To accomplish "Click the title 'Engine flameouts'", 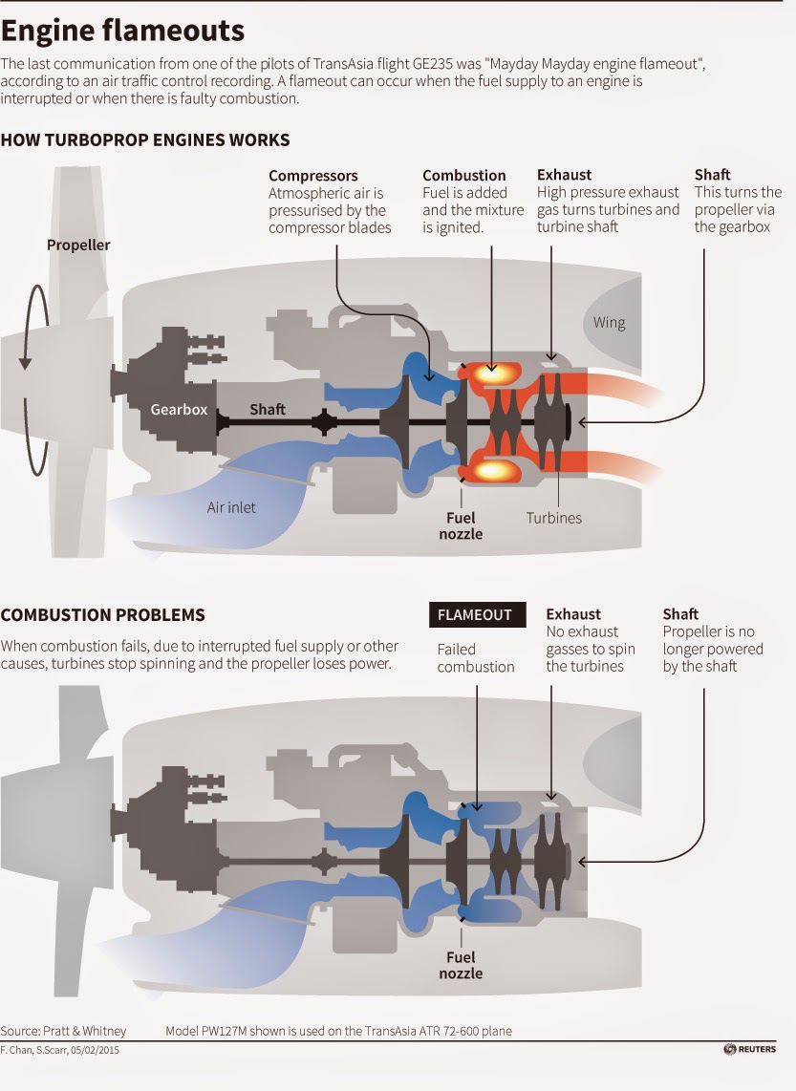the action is pyautogui.click(x=122, y=31).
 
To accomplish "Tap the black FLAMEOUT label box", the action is pyautogui.click(x=478, y=615).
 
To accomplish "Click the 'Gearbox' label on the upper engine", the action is pyautogui.click(x=179, y=410).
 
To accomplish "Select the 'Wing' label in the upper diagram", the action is pyautogui.click(x=609, y=323).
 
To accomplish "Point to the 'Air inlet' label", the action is pyautogui.click(x=231, y=508).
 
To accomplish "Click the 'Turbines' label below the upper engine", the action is pyautogui.click(x=554, y=518).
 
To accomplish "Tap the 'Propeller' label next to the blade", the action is pyautogui.click(x=78, y=245).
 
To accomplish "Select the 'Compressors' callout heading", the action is pyautogui.click(x=313, y=176).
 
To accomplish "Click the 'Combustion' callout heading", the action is pyautogui.click(x=464, y=176).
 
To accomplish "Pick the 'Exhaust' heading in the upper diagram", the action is pyautogui.click(x=565, y=175).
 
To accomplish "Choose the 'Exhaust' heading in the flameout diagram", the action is pyautogui.click(x=573, y=614).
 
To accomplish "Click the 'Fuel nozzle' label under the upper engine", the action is pyautogui.click(x=461, y=526).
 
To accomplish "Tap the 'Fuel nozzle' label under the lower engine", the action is pyautogui.click(x=461, y=966).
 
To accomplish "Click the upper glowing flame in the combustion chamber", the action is pyautogui.click(x=492, y=373).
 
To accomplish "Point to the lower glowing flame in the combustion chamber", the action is pyautogui.click(x=492, y=472).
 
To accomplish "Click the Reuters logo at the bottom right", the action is pyautogui.click(x=749, y=1049).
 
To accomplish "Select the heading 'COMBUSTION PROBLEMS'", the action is pyautogui.click(x=103, y=615).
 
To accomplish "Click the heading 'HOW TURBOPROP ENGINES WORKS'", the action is pyautogui.click(x=144, y=139).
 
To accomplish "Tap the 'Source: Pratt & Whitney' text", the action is pyautogui.click(x=63, y=1031).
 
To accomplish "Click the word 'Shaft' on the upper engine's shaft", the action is pyautogui.click(x=268, y=409).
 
